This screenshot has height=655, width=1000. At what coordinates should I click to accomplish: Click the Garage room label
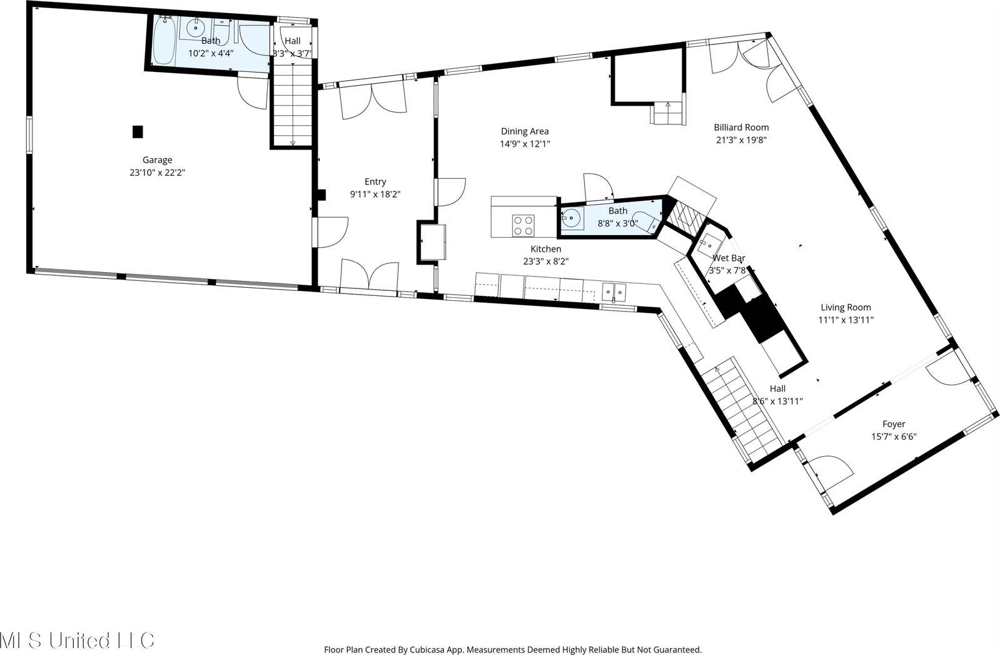[157, 160]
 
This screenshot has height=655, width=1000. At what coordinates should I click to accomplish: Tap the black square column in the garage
[138, 132]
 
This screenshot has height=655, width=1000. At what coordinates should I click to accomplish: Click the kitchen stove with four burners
[523, 225]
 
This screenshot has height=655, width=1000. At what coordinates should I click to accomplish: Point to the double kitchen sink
[614, 292]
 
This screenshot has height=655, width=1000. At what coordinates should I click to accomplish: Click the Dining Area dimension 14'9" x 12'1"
[525, 144]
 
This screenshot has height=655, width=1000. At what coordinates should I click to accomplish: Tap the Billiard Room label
[741, 128]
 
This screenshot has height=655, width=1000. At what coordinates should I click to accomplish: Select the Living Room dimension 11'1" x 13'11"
[846, 320]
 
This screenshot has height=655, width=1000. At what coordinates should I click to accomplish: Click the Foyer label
[894, 424]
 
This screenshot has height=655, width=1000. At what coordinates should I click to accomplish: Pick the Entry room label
[375, 182]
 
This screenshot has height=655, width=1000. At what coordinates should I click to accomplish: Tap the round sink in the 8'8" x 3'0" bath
[571, 218]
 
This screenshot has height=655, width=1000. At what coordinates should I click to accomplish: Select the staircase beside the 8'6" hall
[741, 407]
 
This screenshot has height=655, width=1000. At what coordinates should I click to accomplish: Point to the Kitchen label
[545, 249]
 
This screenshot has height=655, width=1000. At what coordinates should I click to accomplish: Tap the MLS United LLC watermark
[76, 640]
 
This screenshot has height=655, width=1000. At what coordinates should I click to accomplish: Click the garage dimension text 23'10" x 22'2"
[157, 172]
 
